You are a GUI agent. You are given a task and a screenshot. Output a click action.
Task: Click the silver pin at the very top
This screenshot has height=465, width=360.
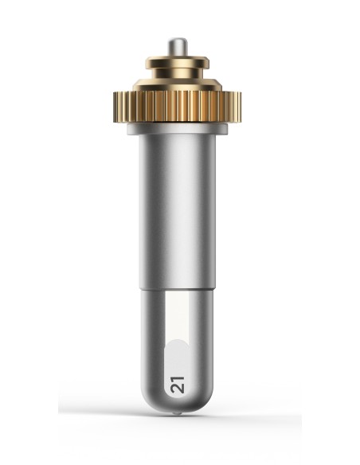pos(178,47)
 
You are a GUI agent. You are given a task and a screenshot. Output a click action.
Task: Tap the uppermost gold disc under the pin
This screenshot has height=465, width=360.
pos(178,62)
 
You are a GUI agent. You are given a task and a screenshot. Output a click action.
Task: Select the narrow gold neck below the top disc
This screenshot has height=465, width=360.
pos(178,73)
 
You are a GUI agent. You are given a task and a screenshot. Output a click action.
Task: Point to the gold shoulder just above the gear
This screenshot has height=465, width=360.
pos(178,85)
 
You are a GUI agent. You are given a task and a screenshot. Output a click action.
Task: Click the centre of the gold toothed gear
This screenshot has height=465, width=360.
pos(177,107)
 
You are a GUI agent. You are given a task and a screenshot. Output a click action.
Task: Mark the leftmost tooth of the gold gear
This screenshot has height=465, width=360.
pos(115,107)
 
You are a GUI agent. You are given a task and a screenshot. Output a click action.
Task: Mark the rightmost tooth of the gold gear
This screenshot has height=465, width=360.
pos(239,107)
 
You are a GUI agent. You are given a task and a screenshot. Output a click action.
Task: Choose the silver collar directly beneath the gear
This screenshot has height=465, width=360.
pos(178,129)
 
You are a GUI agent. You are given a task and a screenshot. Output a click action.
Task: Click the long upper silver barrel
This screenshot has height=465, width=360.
pos(178,211)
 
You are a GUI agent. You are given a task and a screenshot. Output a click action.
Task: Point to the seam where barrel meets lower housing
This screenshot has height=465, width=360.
pos(178,288)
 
